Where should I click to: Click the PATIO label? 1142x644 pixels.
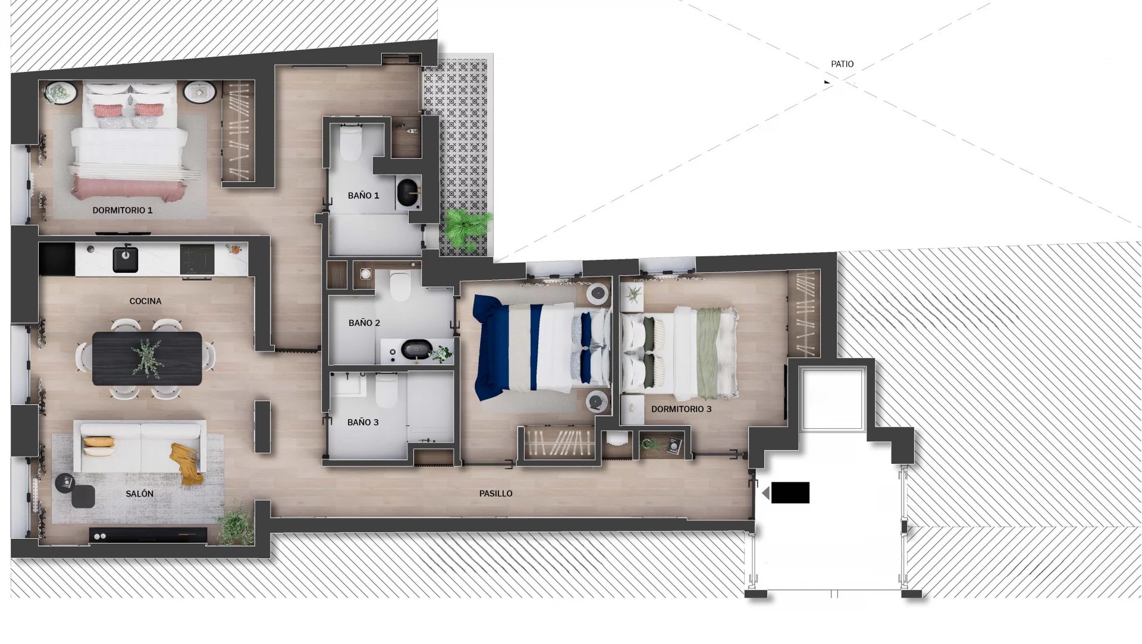click(x=842, y=64)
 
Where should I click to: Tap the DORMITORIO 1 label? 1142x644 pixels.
click(x=123, y=211)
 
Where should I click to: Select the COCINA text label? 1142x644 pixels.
click(x=146, y=301)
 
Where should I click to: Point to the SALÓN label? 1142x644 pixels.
click(x=140, y=494)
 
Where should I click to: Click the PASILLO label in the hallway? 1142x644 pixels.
click(x=496, y=494)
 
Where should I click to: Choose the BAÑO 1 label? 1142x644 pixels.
click(x=363, y=196)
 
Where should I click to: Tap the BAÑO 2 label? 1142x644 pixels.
click(x=364, y=323)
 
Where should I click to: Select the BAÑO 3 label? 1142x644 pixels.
click(x=363, y=422)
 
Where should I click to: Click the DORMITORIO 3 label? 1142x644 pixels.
click(x=681, y=409)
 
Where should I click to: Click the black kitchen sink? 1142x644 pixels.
click(x=126, y=259)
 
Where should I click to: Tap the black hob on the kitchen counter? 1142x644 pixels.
click(x=197, y=259)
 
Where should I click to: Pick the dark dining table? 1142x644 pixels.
click(x=148, y=359)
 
